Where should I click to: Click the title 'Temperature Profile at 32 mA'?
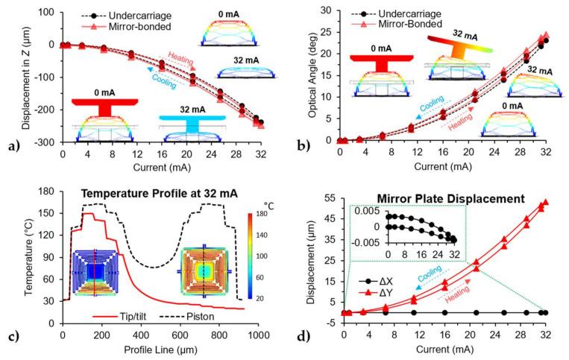(160, 193)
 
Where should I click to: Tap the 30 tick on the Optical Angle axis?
(326, 10)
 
